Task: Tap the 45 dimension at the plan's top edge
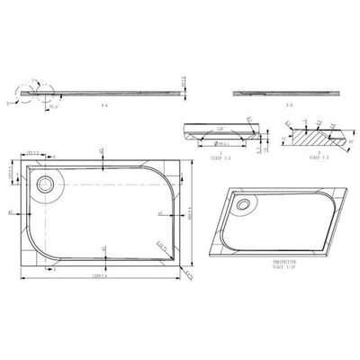click(101, 151)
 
